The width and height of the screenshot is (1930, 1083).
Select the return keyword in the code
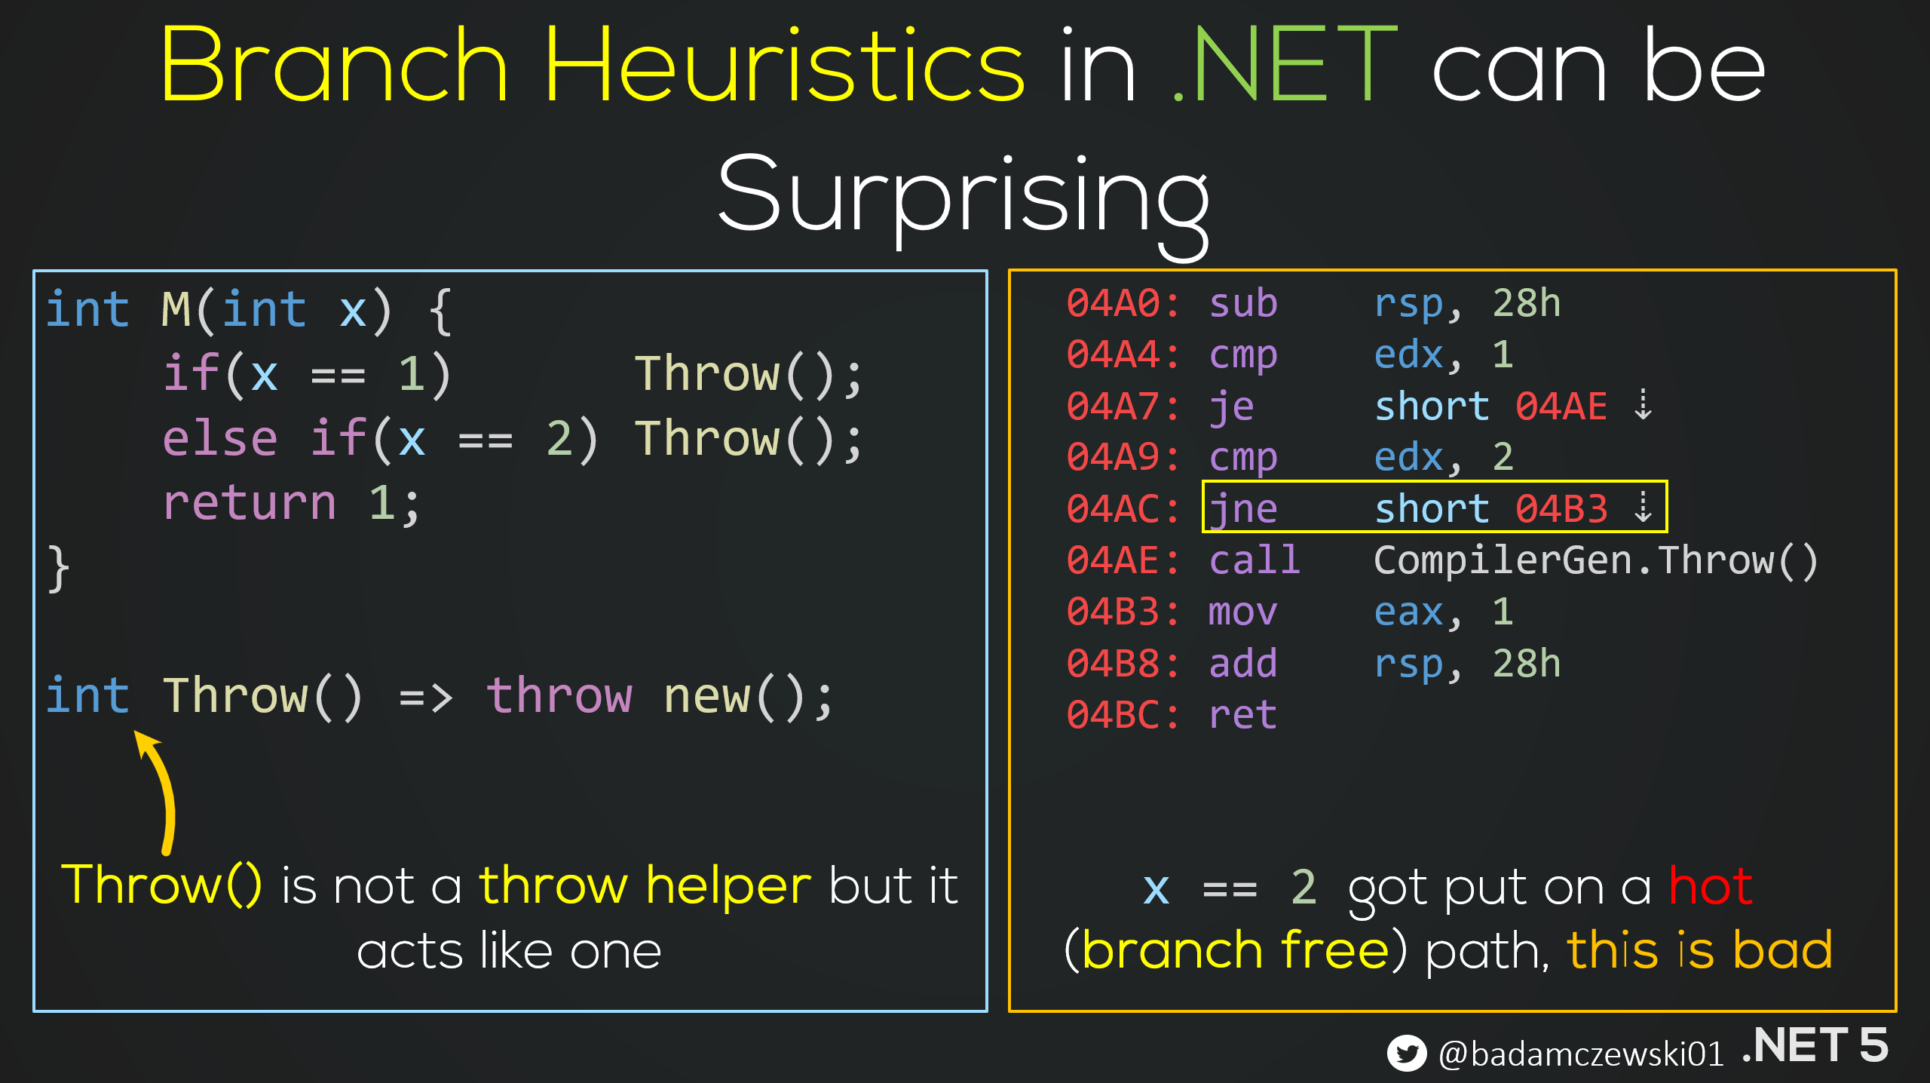(250, 503)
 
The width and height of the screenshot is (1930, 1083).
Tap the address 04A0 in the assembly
(1114, 304)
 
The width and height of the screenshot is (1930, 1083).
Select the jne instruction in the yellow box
(1243, 509)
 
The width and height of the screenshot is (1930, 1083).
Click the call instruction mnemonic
(1254, 560)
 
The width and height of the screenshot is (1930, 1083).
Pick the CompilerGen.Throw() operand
(1596, 560)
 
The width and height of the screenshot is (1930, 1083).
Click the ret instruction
(1243, 715)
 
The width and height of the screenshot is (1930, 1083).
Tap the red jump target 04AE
(1561, 407)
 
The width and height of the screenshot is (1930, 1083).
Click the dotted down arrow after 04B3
(1643, 508)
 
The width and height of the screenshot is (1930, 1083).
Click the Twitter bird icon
(1407, 1053)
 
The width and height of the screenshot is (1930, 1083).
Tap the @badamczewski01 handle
(1581, 1054)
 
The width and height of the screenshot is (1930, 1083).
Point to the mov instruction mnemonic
(1243, 612)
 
